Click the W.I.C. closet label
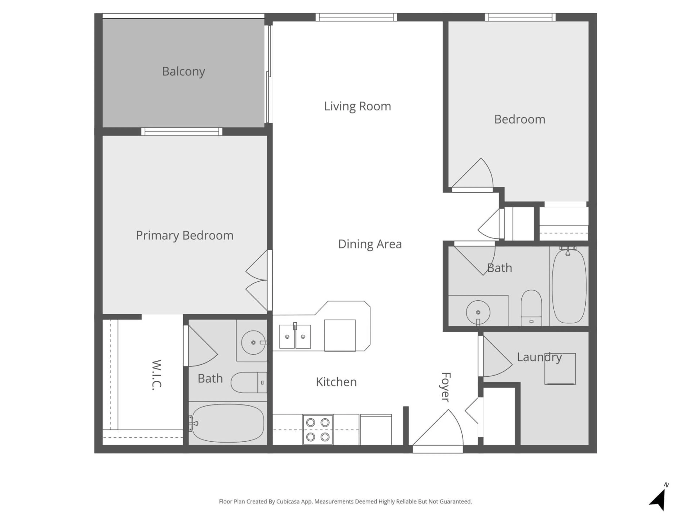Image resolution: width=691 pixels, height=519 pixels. [157, 375]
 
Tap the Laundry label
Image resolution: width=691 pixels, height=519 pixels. [539, 357]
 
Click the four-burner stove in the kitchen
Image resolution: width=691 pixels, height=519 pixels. [318, 430]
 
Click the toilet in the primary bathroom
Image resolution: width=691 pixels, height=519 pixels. [248, 382]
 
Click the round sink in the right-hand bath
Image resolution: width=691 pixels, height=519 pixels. [478, 312]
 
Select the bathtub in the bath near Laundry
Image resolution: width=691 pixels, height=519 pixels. [569, 286]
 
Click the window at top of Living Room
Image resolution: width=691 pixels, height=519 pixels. [356, 17]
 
